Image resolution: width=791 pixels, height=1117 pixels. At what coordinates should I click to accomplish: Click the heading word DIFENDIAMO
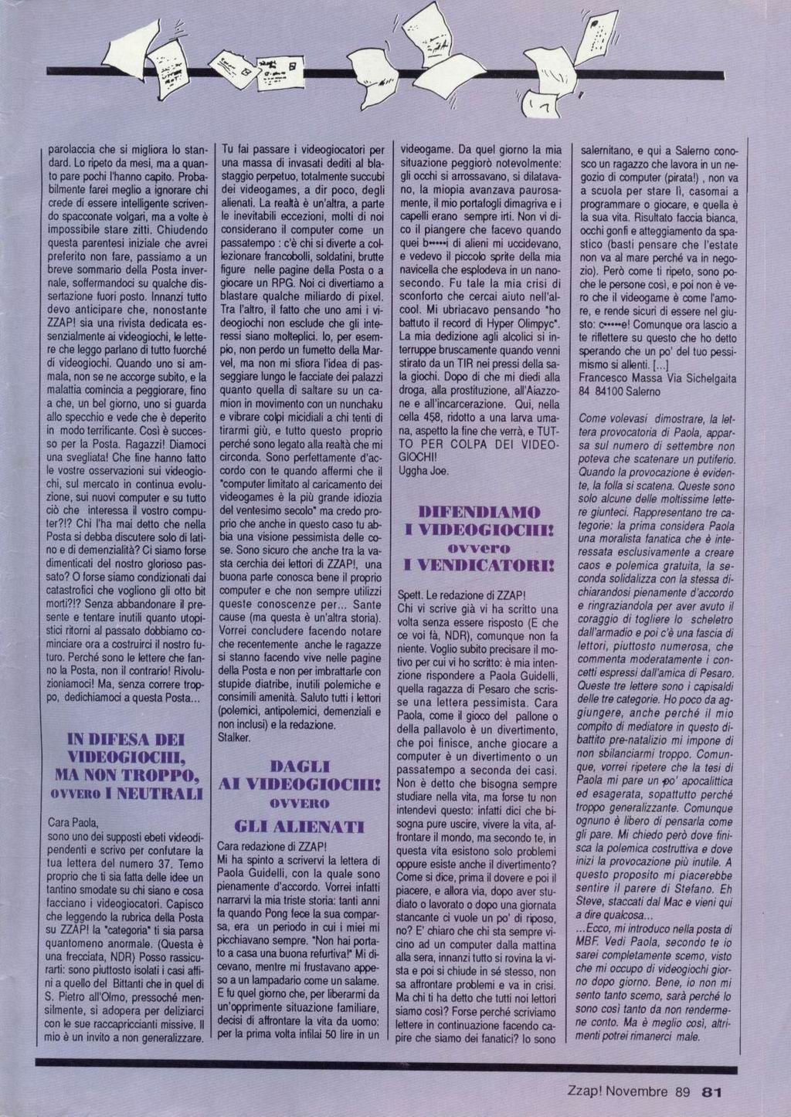pyautogui.click(x=479, y=513)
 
